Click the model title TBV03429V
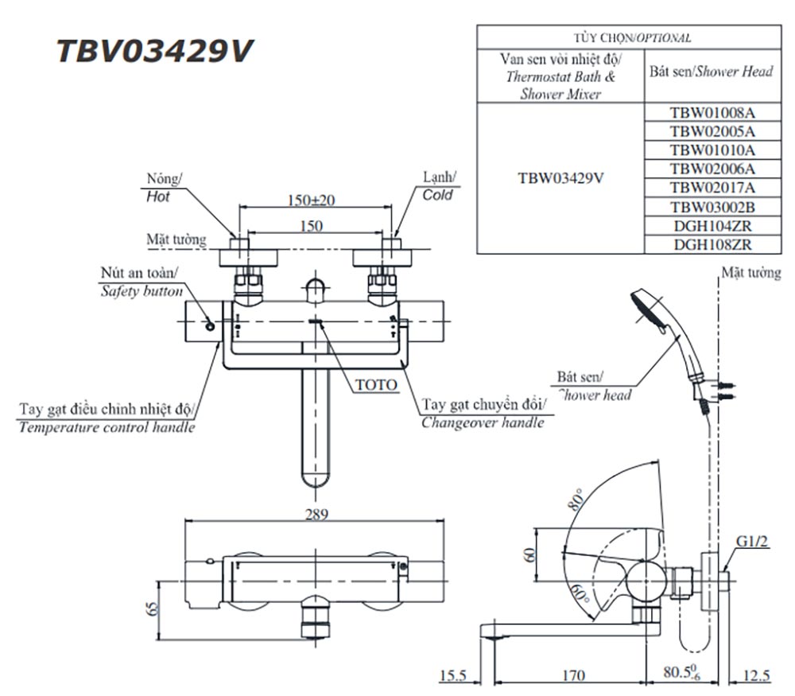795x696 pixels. (155, 51)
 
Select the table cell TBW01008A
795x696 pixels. (712, 113)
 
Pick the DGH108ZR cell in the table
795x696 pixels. (712, 245)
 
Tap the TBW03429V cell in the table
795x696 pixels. (560, 178)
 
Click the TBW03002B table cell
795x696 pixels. (712, 207)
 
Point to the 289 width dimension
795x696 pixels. (316, 514)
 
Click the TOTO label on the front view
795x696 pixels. (375, 385)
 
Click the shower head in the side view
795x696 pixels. (653, 311)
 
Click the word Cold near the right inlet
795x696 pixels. (437, 195)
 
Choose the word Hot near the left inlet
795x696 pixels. (158, 196)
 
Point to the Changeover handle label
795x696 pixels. (483, 422)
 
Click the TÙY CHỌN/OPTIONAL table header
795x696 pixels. (631, 37)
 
